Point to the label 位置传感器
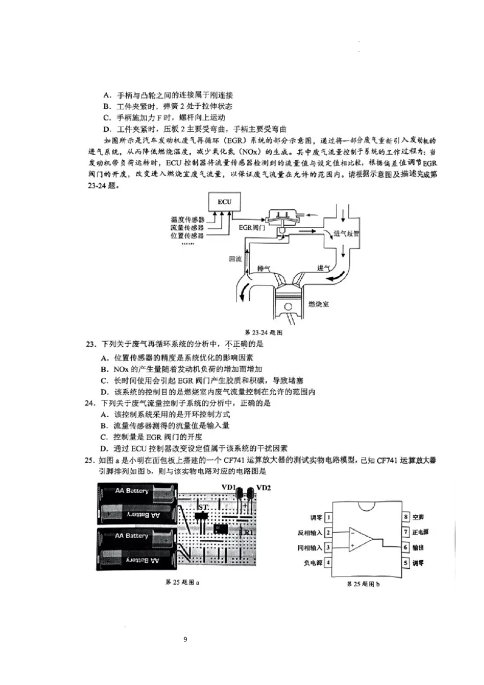[x=188, y=235]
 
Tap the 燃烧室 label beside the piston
[x=318, y=304]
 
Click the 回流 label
[x=235, y=258]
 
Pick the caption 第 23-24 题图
[x=263, y=332]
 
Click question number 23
[x=91, y=344]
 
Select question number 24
[x=91, y=403]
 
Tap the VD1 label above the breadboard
[x=229, y=488]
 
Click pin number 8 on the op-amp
[x=407, y=517]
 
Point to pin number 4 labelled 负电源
[x=328, y=562]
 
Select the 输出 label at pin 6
[x=418, y=547]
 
